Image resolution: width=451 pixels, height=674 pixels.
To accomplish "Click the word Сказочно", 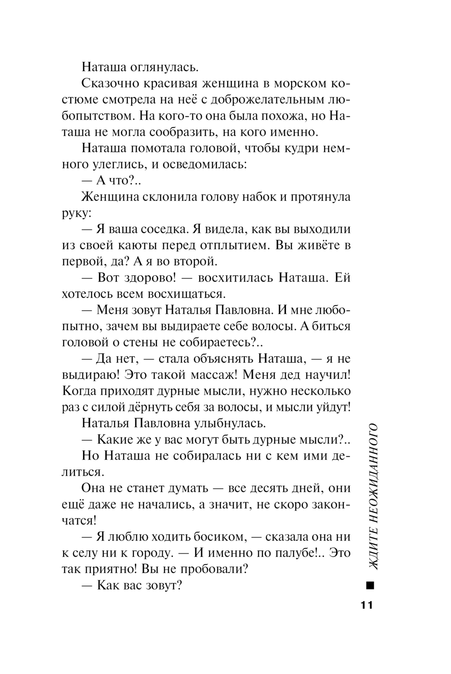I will pos(110,84).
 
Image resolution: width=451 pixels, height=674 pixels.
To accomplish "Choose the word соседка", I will pos(157,229).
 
